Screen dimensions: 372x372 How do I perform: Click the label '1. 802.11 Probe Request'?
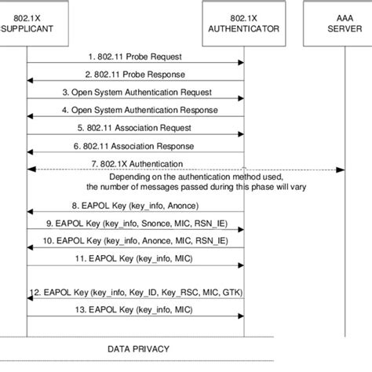click(135, 57)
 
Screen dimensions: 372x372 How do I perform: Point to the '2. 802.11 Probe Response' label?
click(136, 75)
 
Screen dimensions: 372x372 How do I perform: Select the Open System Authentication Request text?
click(136, 92)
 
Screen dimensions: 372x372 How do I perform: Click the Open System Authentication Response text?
click(136, 110)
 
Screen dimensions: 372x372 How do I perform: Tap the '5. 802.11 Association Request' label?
click(136, 127)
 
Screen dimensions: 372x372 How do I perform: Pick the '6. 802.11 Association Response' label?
click(136, 145)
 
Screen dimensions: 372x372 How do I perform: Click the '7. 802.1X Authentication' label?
click(136, 162)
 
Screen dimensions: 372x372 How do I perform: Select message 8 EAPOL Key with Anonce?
click(136, 205)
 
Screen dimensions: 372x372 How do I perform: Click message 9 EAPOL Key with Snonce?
click(136, 223)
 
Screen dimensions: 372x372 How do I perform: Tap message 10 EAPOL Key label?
click(136, 240)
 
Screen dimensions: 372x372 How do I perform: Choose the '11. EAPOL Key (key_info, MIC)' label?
click(136, 257)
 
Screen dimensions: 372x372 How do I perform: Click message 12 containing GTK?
click(136, 292)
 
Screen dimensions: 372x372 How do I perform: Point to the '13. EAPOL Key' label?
click(136, 310)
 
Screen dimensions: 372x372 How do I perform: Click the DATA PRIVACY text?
click(137, 347)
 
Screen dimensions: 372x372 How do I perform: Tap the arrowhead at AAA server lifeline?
click(339, 170)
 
